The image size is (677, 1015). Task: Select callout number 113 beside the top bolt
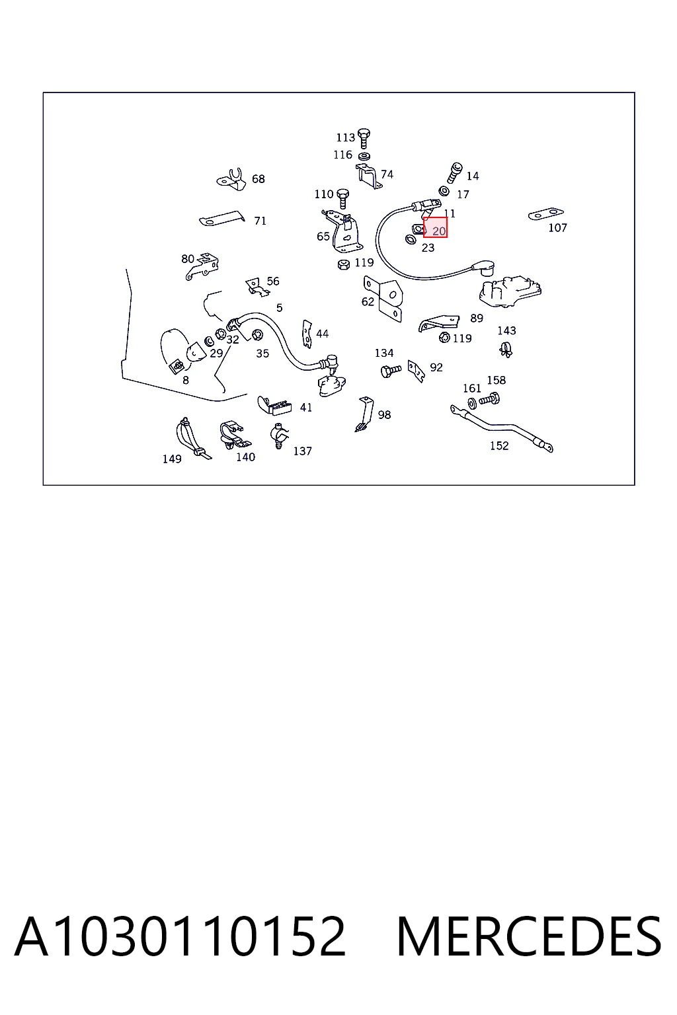[x=346, y=137]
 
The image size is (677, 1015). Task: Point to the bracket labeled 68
[x=231, y=180]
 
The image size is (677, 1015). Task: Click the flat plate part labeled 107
[x=546, y=214]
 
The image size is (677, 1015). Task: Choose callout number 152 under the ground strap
[x=499, y=445]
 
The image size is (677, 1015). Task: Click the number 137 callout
[x=302, y=451]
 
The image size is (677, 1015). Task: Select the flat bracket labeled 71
[x=221, y=219]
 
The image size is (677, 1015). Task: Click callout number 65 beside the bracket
[x=323, y=237]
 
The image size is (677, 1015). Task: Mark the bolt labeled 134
[x=391, y=371]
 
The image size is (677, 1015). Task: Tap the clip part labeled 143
[x=506, y=350]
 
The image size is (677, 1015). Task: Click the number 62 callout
[x=368, y=302]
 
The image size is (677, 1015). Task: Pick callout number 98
[x=384, y=414]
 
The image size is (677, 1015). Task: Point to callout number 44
[x=323, y=334]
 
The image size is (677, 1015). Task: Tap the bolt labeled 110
[x=343, y=198]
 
